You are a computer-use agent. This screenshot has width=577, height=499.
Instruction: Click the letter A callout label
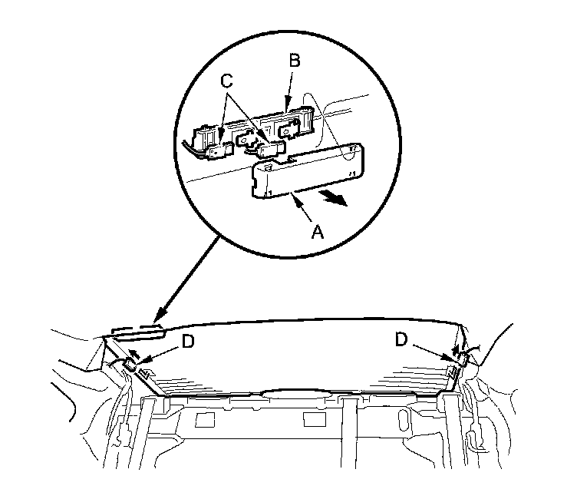317,232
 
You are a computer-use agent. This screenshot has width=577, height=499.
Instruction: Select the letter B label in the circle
295,61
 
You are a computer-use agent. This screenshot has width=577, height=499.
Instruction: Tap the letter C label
227,81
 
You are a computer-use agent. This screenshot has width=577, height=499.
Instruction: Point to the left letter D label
188,342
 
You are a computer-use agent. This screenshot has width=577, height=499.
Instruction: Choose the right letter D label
401,339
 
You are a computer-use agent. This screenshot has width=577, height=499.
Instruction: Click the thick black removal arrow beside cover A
334,200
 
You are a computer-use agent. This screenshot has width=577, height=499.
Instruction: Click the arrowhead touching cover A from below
295,197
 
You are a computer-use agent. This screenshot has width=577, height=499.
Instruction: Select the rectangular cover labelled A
308,170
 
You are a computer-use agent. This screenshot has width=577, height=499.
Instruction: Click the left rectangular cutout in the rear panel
205,419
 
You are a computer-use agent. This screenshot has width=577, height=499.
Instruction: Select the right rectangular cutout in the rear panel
315,419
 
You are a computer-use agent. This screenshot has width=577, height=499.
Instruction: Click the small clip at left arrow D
130,364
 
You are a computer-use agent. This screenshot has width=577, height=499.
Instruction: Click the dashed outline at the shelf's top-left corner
135,332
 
